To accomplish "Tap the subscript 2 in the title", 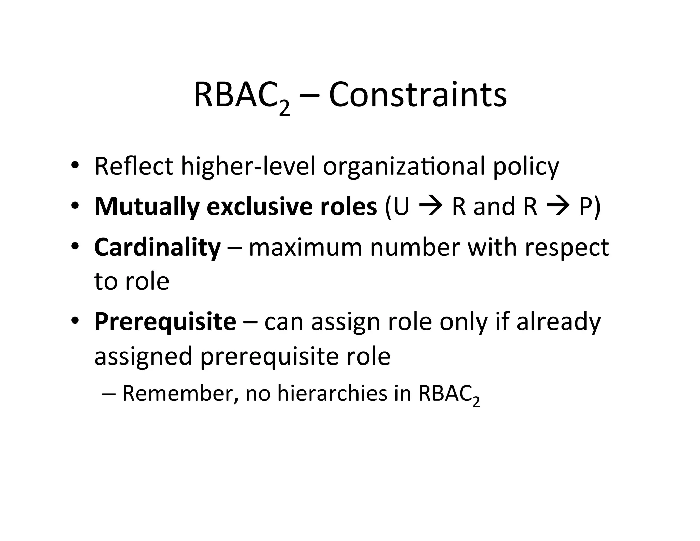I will pyautogui.click(x=284, y=109).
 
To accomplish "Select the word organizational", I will pyautogui.click(x=404, y=167).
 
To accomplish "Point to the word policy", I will pyautogui.click(x=526, y=167).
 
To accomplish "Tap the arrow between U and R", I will pyautogui.click(x=431, y=207).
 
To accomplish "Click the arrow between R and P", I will pyautogui.click(x=558, y=207).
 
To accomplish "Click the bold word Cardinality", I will pyautogui.click(x=158, y=248).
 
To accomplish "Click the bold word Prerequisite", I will pyautogui.click(x=165, y=322).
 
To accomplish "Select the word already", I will pyautogui.click(x=558, y=322).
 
